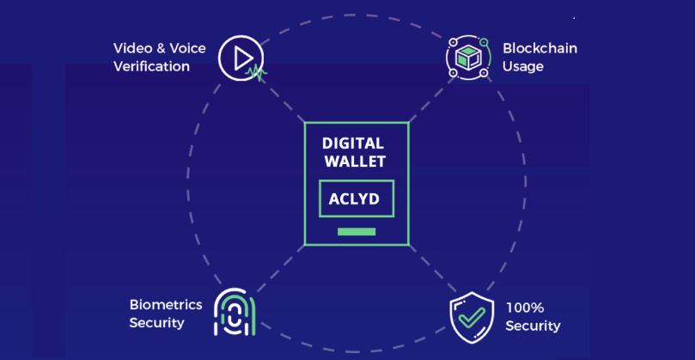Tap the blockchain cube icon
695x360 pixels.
(x=467, y=58)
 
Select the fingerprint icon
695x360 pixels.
(x=234, y=311)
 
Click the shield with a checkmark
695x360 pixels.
(x=472, y=315)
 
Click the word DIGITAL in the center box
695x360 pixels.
(x=353, y=143)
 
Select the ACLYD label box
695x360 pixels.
(x=356, y=198)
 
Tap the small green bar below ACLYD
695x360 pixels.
(x=357, y=232)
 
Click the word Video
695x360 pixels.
(x=131, y=48)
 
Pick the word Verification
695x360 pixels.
(x=151, y=66)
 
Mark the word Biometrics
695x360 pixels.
(x=166, y=305)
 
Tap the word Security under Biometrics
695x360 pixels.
(x=157, y=323)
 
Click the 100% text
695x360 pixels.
(x=524, y=308)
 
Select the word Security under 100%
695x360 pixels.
(x=533, y=326)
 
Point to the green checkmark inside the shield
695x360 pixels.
(x=472, y=316)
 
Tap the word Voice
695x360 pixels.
(x=187, y=48)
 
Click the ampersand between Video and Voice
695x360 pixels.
(x=158, y=48)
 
